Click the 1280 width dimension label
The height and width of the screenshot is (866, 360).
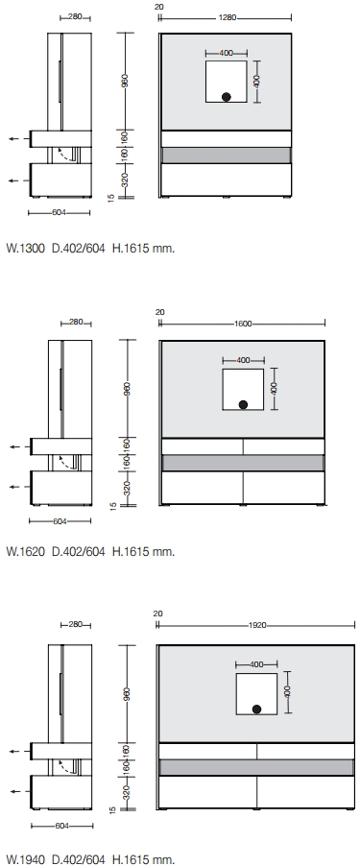click(227, 17)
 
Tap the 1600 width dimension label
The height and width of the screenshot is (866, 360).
click(243, 324)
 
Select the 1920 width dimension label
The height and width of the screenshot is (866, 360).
click(257, 625)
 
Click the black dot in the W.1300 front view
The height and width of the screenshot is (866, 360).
click(226, 97)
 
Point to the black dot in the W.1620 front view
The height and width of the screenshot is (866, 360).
click(243, 405)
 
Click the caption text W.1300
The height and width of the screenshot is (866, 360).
click(25, 248)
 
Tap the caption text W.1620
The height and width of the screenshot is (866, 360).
click(25, 551)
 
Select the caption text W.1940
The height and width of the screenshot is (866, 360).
click(25, 859)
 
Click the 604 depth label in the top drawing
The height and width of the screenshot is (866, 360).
click(60, 212)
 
